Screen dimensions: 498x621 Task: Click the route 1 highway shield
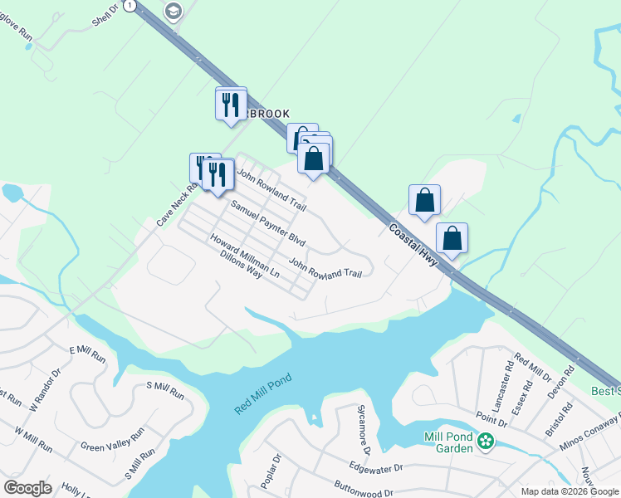(x=129, y=5)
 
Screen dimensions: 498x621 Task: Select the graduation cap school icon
(x=174, y=11)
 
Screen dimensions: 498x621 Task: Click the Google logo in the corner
(x=27, y=488)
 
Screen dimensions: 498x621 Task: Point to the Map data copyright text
(x=570, y=491)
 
